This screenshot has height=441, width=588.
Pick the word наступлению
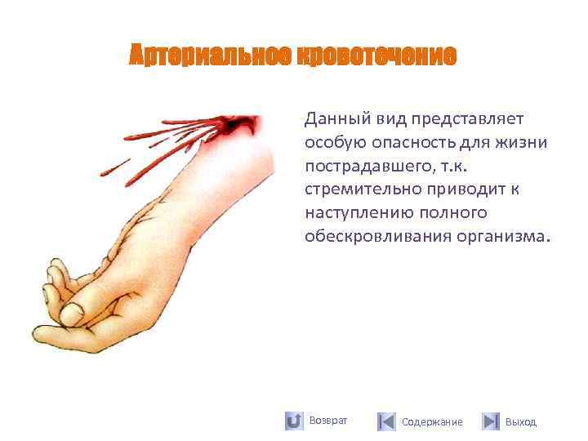tap(357, 213)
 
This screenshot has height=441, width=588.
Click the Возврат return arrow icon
tap(294, 421)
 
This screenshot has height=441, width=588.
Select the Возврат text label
tap(328, 421)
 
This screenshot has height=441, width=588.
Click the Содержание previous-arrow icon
tap(386, 421)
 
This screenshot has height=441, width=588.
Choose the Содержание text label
tap(432, 422)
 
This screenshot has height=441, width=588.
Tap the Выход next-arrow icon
tap(490, 421)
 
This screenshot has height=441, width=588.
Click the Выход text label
tap(521, 422)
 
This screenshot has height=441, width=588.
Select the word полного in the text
tap(457, 213)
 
